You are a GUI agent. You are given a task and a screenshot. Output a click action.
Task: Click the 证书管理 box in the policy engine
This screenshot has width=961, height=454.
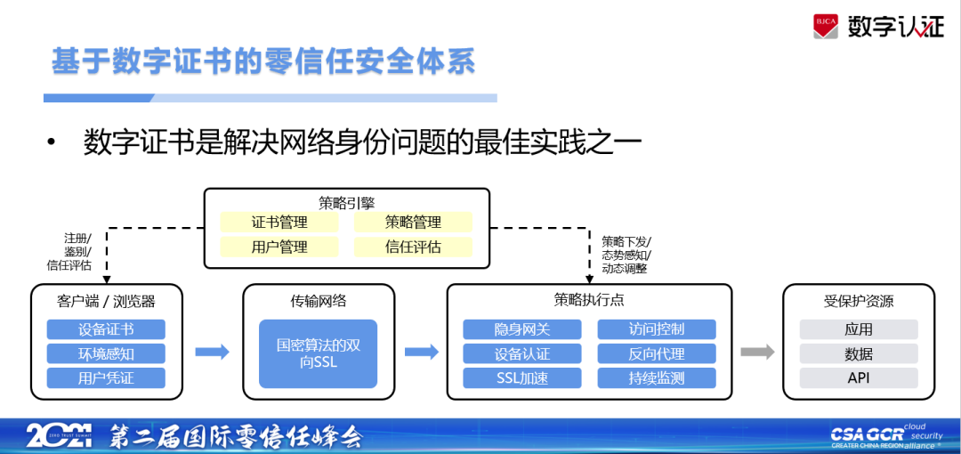point(279,223)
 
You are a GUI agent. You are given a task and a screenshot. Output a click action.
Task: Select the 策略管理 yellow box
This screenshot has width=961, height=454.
point(413,223)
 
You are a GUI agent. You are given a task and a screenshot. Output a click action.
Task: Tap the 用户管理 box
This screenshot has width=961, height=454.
point(279,247)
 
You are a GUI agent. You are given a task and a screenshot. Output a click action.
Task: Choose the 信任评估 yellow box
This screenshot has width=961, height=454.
point(413,247)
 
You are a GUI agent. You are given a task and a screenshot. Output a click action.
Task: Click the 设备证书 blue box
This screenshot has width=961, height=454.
point(106,329)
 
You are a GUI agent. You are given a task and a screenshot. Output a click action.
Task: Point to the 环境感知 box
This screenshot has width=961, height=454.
point(106,353)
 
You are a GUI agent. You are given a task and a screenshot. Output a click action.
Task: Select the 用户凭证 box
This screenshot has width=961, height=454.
point(106,377)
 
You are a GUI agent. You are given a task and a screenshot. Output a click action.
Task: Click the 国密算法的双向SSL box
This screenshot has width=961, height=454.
point(319,353)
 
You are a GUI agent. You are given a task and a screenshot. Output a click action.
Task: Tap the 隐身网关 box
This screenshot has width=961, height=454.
point(522,329)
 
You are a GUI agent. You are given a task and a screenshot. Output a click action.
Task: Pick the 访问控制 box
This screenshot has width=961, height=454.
point(656,329)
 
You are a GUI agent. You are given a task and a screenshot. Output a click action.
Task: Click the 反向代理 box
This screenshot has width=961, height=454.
point(656,353)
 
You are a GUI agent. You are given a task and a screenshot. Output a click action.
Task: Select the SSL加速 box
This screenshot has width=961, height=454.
point(522,377)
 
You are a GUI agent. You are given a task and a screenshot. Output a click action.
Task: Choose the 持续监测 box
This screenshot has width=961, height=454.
point(656,377)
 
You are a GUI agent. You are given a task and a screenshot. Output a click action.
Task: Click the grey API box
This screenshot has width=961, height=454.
point(859,377)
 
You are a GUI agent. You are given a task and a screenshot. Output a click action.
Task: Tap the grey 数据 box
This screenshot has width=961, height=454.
point(859,353)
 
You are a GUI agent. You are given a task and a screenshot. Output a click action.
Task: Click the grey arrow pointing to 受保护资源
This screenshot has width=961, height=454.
point(758,352)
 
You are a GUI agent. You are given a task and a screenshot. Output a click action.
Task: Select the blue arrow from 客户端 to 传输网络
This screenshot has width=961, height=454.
point(212,352)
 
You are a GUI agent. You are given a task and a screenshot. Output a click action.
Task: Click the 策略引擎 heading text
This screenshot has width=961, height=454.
point(346,202)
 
